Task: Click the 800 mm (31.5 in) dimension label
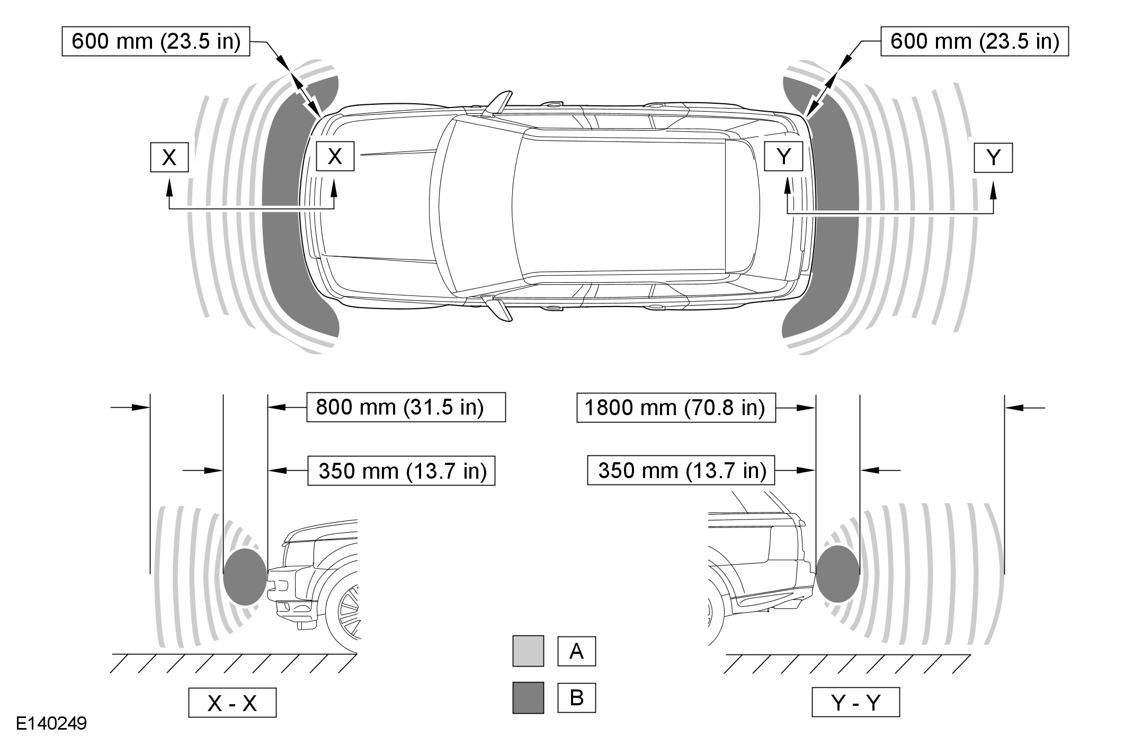pos(406,407)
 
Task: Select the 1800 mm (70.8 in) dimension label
pos(676,408)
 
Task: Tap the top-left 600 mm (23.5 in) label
pos(156,41)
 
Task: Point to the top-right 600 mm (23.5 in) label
pos(975,41)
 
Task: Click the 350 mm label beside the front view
pos(402,470)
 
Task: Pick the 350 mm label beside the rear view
pos(681,470)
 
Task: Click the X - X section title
pos(232,703)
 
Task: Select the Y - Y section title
pos(856,702)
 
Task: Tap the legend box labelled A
pos(576,651)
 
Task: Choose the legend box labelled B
pos(576,698)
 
